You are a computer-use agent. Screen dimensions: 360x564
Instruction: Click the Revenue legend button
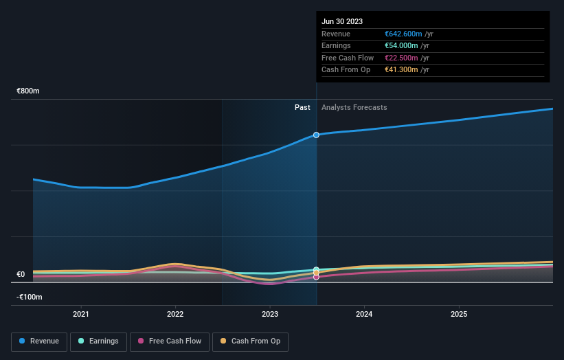coord(39,341)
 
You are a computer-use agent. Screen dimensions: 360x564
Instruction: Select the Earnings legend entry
coord(98,341)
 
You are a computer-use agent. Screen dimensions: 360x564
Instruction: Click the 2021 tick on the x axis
coord(81,314)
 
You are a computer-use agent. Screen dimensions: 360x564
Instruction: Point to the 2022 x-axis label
coord(175,314)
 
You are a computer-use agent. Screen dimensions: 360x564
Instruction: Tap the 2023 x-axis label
coord(270,314)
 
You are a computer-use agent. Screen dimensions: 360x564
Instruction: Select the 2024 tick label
coord(364,314)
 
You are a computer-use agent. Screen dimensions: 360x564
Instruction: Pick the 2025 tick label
coord(459,314)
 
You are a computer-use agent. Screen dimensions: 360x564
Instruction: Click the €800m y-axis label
coord(29,91)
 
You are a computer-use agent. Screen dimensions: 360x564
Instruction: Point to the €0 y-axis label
coord(21,275)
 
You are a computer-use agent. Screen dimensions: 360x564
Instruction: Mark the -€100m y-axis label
coord(29,297)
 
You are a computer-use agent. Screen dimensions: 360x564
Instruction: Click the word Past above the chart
coord(302,108)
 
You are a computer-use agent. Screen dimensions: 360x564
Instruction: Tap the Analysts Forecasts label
coord(354,108)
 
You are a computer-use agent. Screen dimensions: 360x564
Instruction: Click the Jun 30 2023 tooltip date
coord(341,21)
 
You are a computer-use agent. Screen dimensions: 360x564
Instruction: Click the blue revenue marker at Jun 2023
coord(316,135)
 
